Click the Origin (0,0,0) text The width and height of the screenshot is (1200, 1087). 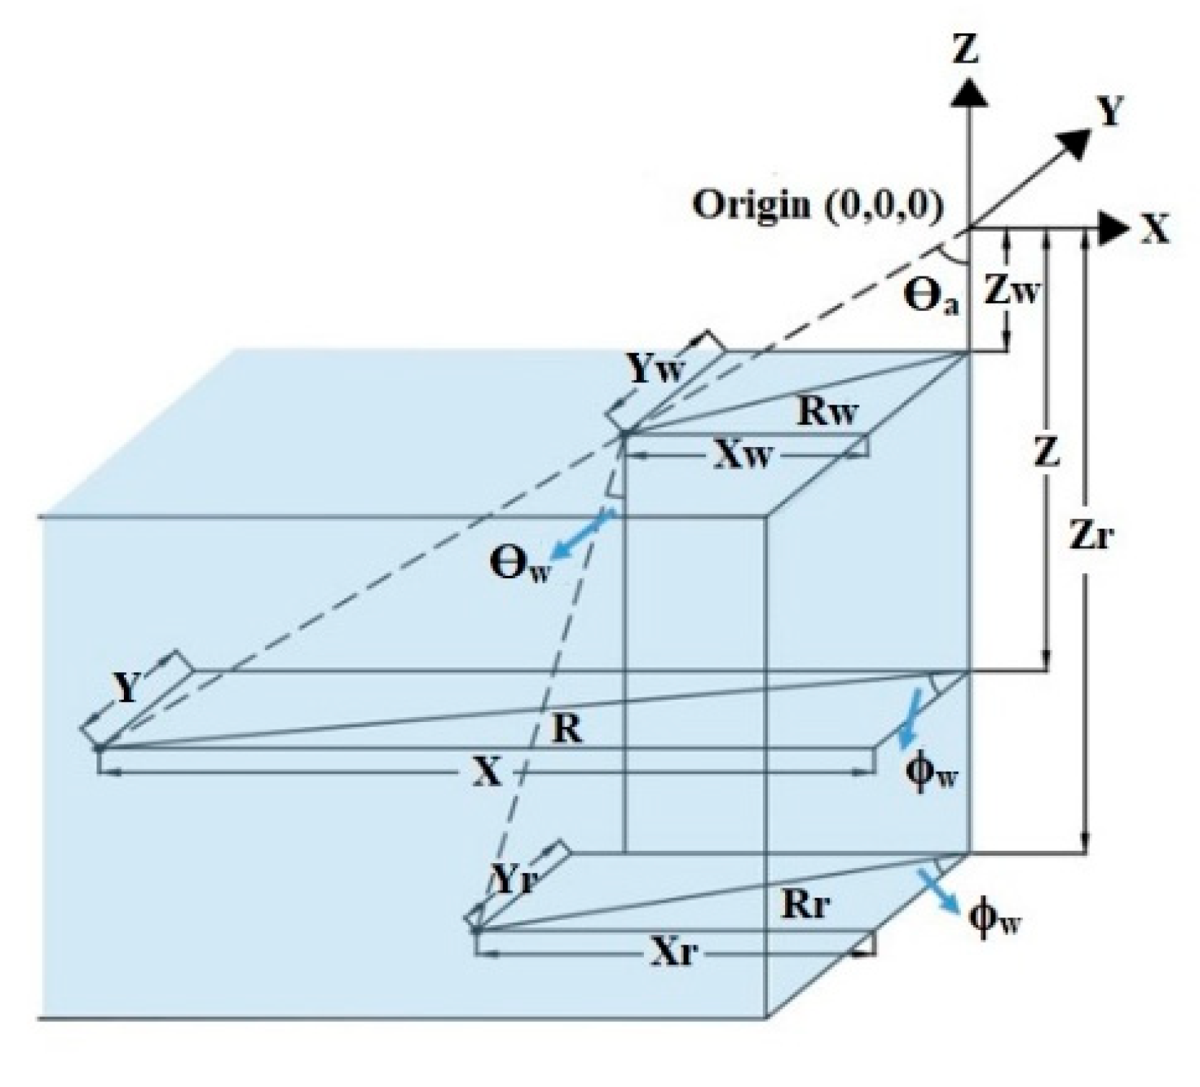pyautogui.click(x=818, y=206)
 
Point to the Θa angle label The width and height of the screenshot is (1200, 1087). pyautogui.click(x=931, y=297)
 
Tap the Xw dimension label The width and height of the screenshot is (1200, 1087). pyautogui.click(x=741, y=456)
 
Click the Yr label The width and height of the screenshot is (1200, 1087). pyautogui.click(x=515, y=880)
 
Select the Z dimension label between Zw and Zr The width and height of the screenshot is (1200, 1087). pyautogui.click(x=1046, y=452)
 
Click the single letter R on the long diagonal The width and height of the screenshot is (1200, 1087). pyautogui.click(x=567, y=731)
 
